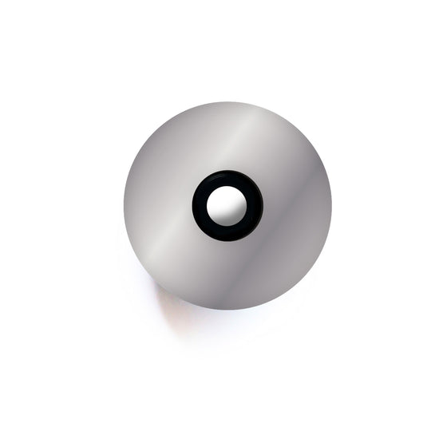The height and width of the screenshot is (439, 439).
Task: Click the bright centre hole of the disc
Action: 227,205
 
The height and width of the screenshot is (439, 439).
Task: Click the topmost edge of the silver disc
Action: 227,103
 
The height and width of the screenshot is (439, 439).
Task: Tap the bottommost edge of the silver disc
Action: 227,308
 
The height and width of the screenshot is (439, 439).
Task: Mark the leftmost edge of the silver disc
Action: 125,205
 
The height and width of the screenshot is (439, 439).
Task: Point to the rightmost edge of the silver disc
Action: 330,205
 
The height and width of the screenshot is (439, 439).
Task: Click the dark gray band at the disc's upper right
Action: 287,152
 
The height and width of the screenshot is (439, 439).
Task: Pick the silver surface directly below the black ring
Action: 227,271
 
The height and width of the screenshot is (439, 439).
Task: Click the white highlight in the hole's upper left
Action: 219,198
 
